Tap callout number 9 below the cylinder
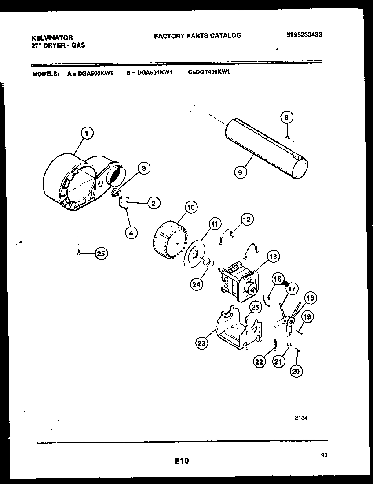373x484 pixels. (x=240, y=172)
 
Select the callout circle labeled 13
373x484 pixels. (x=273, y=256)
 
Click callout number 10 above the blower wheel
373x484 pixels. (x=191, y=207)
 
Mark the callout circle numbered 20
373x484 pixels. (x=296, y=371)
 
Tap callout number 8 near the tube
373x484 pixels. (x=286, y=118)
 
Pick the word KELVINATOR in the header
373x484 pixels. (x=52, y=38)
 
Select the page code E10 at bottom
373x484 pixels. (x=181, y=461)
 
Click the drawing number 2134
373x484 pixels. (x=300, y=417)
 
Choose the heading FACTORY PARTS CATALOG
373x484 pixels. (x=197, y=35)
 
